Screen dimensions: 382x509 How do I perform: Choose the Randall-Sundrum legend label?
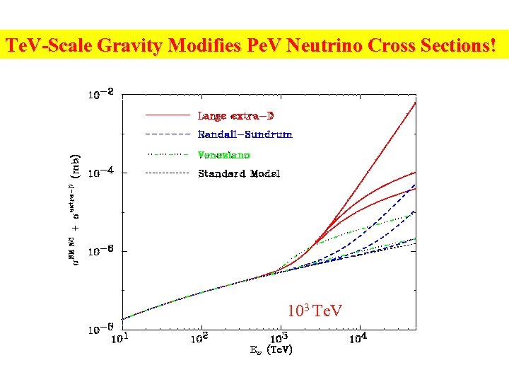click(x=245, y=134)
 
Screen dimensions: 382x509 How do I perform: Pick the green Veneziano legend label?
click(x=224, y=154)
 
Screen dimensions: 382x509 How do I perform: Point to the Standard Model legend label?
click(x=239, y=173)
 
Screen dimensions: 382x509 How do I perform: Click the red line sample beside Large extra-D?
click(x=168, y=115)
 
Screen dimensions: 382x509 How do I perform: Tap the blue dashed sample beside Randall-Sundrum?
click(x=168, y=134)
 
